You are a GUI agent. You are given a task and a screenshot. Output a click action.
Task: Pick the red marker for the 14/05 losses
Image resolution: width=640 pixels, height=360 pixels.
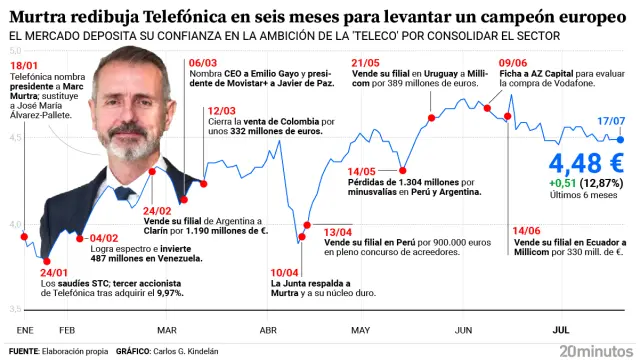tap(402, 168)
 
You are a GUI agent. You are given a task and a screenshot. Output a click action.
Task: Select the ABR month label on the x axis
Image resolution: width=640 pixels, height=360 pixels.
tap(268, 330)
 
